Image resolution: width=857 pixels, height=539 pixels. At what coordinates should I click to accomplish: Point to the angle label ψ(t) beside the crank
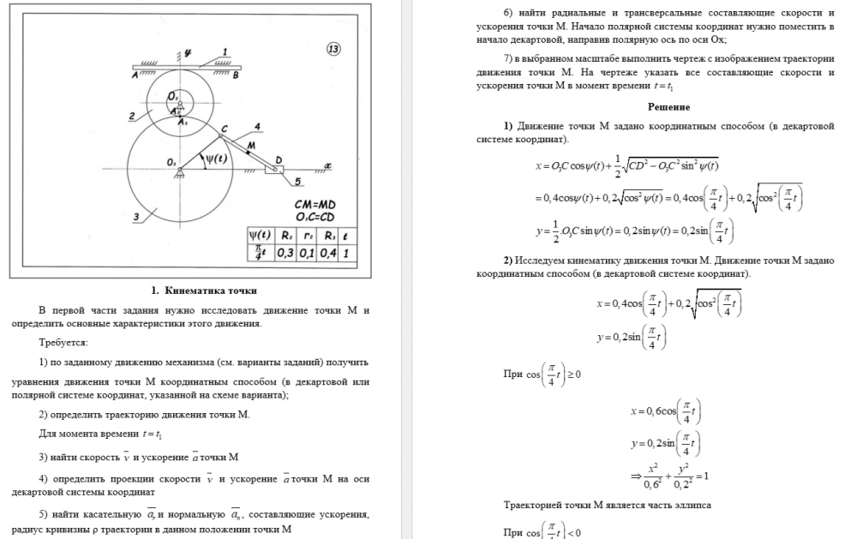(213, 158)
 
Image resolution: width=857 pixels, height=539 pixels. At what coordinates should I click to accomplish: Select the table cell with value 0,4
(327, 254)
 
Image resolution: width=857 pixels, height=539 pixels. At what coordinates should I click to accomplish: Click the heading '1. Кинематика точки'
(204, 290)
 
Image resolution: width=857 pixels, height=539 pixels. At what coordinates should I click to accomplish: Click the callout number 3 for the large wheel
(136, 217)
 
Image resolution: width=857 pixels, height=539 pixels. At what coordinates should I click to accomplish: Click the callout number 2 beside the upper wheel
(132, 116)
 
